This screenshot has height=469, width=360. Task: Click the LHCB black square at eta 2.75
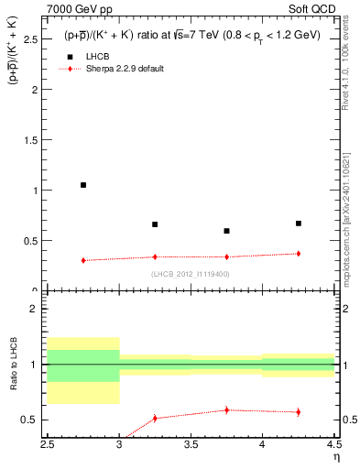coord(83,185)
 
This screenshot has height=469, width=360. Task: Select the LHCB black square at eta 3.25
coord(155,224)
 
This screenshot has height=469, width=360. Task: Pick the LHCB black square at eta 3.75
coord(226,231)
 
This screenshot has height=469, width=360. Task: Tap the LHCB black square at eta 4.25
coord(298,223)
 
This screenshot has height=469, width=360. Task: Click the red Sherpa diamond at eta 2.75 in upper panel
coord(83,260)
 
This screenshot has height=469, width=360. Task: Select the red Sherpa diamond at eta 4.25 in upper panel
coord(298,254)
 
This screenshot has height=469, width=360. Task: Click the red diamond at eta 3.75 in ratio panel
coord(226,409)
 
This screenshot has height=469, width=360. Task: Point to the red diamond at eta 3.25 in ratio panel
coord(155,418)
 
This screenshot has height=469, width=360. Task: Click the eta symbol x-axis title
coord(336,456)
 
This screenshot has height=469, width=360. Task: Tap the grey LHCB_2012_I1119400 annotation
coord(191,273)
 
